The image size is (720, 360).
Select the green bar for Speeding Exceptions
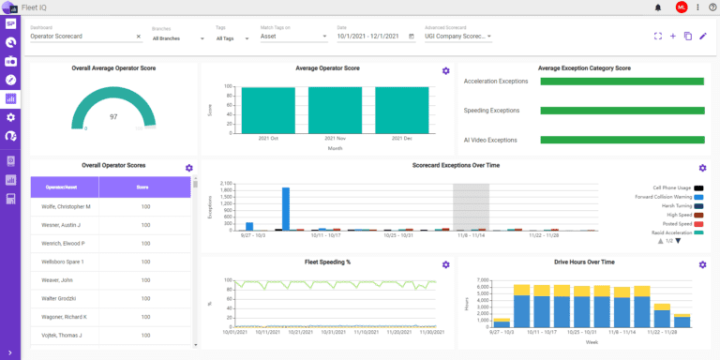622,111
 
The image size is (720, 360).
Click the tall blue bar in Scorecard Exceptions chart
285,208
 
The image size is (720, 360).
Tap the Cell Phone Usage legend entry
673,187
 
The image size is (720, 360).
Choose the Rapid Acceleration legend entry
673,232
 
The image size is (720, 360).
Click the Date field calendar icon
412,37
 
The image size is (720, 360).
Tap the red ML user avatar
682,7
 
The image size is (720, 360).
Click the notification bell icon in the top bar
658,7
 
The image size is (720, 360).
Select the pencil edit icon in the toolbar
703,37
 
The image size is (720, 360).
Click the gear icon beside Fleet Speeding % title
446,264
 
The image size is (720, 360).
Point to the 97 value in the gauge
113,117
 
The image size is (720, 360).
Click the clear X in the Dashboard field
139,37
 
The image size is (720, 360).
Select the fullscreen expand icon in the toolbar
658,37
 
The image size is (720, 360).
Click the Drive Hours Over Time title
582,262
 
